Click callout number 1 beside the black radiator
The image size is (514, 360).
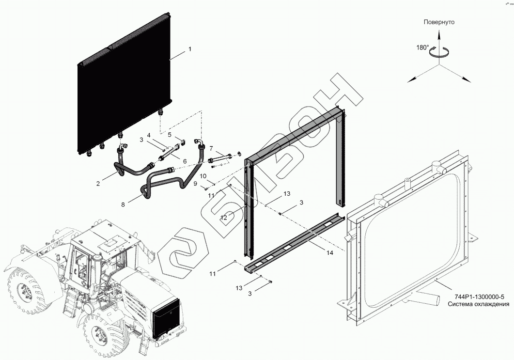click(x=190, y=49)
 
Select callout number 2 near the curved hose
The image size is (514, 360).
click(x=98, y=183)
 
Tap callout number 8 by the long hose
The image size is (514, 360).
click(x=123, y=204)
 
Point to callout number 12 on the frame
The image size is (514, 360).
click(x=223, y=218)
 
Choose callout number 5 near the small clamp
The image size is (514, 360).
click(x=169, y=135)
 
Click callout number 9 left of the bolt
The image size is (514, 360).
click(x=196, y=184)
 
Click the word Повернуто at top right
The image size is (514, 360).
click(x=439, y=22)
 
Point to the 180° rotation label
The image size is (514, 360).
click(x=422, y=47)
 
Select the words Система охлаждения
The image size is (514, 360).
click(x=478, y=304)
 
